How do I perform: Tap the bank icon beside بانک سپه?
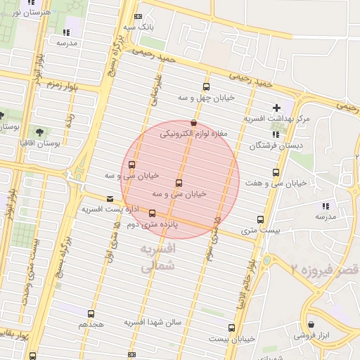(x=139, y=17)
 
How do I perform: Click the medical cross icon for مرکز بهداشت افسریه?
(x=276, y=108)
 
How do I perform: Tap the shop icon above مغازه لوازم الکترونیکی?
(x=193, y=122)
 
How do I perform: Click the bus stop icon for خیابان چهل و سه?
(x=206, y=87)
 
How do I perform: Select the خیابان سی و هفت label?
(x=276, y=183)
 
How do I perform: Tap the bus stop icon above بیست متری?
(x=261, y=219)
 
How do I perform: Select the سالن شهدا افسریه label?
(x=153, y=323)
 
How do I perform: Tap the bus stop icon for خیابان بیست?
(x=231, y=328)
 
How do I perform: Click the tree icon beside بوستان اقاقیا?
(x=38, y=131)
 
